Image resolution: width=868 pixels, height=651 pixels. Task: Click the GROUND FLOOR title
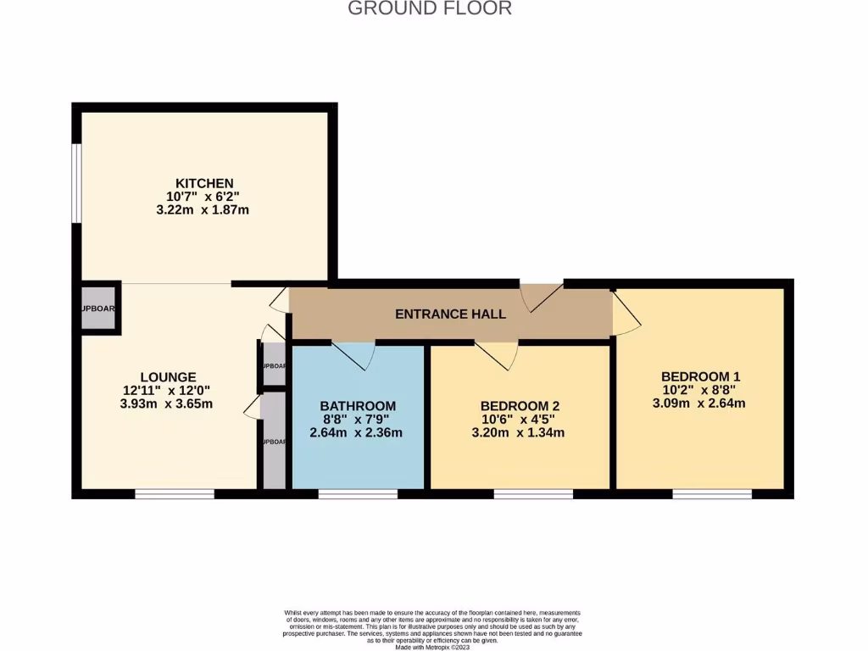pos(430,8)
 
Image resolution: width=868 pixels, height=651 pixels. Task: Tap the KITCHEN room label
pos(203,183)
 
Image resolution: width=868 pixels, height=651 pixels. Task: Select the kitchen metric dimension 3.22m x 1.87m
pos(203,209)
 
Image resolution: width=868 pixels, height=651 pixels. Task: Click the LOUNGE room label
pos(168,377)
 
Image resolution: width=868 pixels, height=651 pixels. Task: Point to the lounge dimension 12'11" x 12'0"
pos(168,391)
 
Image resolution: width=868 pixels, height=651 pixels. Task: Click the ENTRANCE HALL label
pos(450,314)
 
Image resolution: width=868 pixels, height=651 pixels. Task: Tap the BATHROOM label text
pos(358,406)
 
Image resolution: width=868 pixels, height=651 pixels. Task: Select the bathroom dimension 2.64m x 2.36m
pos(358,433)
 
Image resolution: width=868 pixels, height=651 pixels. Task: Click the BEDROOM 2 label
pos(520,406)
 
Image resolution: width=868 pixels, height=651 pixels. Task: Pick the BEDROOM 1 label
pos(703,376)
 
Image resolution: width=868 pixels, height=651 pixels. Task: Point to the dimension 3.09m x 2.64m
pos(703,403)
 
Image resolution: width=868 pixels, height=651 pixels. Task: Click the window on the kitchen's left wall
pos(76,183)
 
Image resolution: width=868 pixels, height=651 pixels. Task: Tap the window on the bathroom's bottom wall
pos(358,493)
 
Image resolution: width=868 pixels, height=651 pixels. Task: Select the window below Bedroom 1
pos(711,493)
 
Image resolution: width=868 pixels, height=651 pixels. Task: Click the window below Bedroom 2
pos(532,493)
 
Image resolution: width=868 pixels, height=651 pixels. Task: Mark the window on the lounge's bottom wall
pos(174,493)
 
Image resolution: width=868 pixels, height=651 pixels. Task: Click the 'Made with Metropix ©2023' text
pos(433,648)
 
